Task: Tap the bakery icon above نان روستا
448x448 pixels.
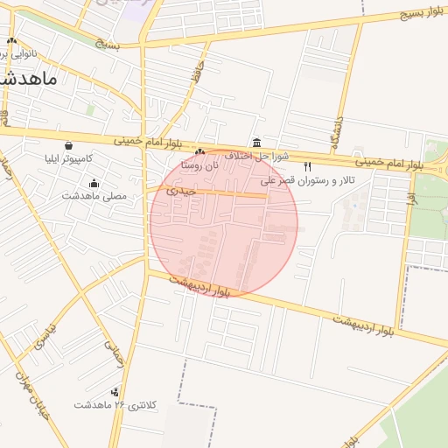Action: [199, 151]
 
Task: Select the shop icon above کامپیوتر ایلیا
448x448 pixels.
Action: [69, 145]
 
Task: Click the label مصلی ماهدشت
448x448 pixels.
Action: [94, 196]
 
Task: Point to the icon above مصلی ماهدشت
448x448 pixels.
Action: [94, 183]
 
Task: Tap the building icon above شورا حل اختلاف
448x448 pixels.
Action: [255, 143]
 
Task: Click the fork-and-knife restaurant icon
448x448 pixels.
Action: [307, 166]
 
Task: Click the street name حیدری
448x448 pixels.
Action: [180, 189]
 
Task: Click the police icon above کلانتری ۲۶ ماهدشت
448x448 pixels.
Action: [115, 392]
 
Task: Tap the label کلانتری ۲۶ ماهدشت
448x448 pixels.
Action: [115, 405]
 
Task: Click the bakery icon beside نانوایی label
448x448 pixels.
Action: [11, 41]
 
